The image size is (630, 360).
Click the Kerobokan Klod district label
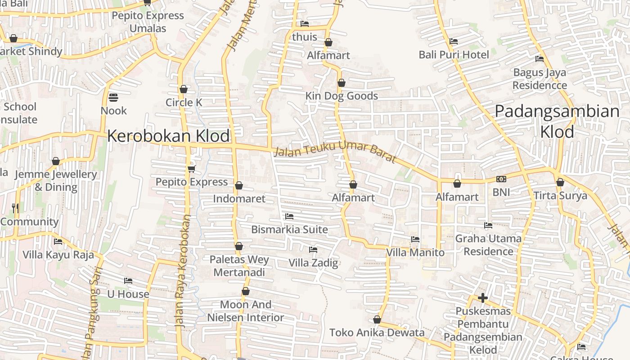168,136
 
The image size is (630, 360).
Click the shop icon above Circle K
184,89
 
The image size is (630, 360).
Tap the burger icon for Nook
113,97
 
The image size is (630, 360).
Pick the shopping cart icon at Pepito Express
191,169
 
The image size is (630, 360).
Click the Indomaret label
239,198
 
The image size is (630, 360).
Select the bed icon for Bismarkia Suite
289,216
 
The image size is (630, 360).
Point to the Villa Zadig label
313,263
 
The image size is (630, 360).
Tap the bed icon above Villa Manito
415,239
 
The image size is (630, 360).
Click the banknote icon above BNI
501,179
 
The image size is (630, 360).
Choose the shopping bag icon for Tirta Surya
560,182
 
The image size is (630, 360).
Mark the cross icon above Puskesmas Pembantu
483,298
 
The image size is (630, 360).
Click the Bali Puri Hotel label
454,55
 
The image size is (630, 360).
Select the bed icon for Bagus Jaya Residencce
540,59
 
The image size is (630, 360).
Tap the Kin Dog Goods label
342,96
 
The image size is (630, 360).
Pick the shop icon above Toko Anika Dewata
377,319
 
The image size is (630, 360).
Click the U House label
128,294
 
